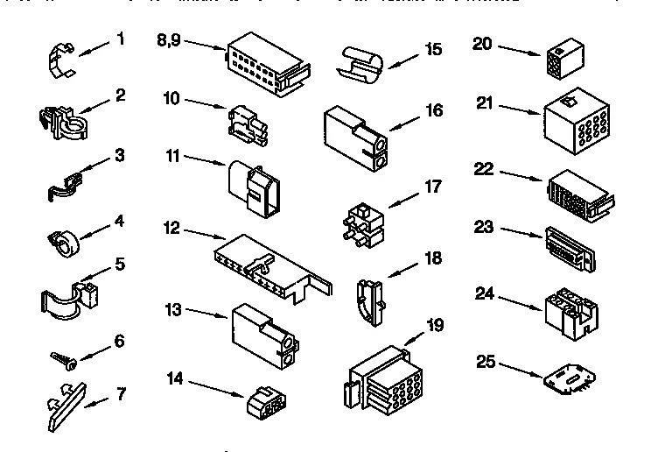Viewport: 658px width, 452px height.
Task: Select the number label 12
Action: pyautogui.click(x=172, y=228)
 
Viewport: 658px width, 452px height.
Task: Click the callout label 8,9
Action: pyautogui.click(x=170, y=39)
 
